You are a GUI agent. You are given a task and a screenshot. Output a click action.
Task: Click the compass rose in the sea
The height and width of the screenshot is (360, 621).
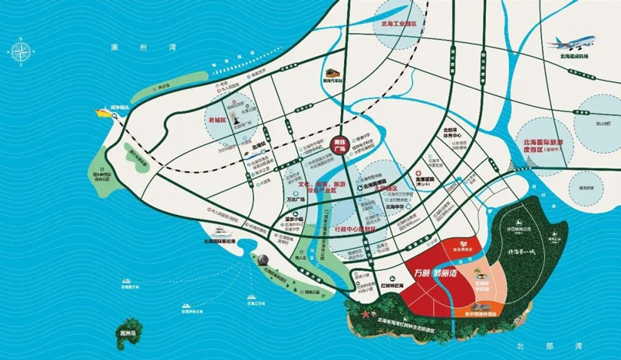point(20,53)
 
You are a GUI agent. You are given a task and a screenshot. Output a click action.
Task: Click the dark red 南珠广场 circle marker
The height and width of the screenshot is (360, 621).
point(338,147)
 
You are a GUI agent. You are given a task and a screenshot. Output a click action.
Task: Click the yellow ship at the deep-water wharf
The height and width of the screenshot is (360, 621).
point(102,112)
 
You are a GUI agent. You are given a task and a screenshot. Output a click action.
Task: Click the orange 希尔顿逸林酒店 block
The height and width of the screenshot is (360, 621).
point(481,314)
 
